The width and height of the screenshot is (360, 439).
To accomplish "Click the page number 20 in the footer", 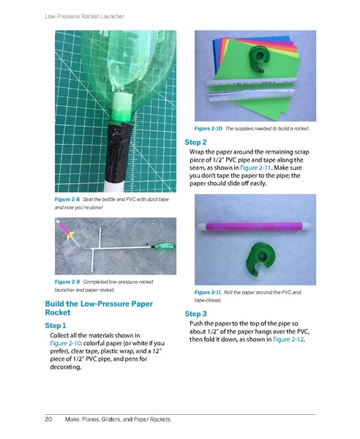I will [49, 419].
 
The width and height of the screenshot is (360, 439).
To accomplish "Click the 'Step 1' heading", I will [56, 324].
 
